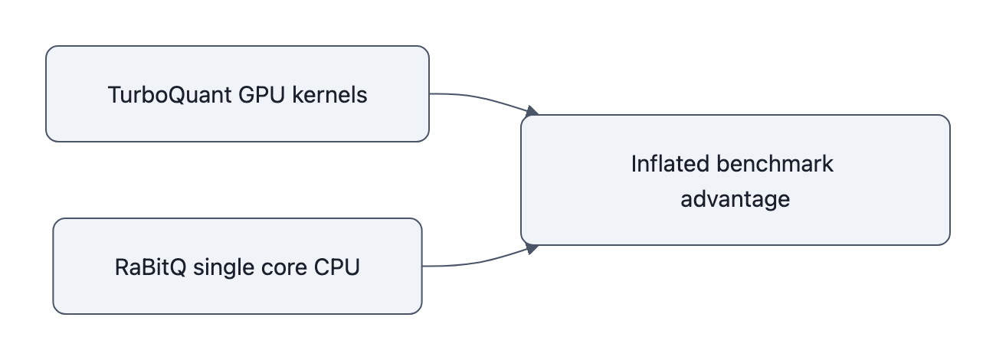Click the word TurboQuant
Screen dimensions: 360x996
158,95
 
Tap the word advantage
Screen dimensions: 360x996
736,198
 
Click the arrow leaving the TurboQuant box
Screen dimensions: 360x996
475,98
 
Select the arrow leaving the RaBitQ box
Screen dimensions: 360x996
475,262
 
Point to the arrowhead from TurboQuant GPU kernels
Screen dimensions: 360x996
531,112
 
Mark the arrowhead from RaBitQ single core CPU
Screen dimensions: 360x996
530,248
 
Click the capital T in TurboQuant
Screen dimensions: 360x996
113,95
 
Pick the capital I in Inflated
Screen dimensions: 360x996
634,164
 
